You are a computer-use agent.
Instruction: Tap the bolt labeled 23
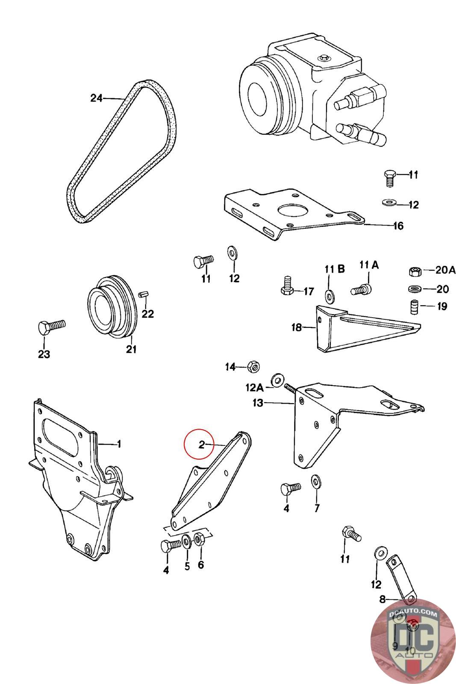[50, 327]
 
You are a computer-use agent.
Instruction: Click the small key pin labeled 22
[144, 294]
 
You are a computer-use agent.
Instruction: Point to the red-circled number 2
[201, 445]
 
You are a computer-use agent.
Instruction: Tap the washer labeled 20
[414, 289]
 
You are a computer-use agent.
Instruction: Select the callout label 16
[398, 226]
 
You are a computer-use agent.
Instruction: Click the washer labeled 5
[187, 541]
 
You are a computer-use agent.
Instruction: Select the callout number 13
[258, 403]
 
